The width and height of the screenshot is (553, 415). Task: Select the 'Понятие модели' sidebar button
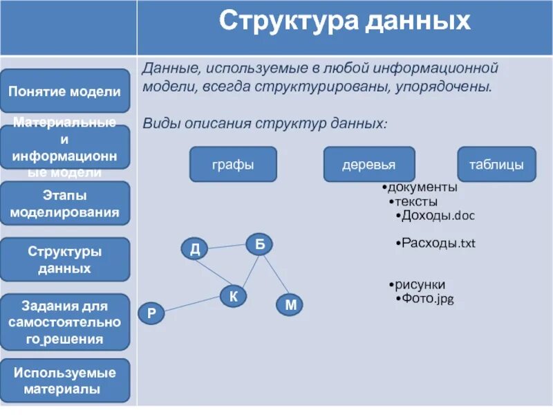[64, 91]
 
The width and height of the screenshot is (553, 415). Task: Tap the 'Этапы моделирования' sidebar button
[64, 203]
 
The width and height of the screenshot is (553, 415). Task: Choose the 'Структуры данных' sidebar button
[64, 259]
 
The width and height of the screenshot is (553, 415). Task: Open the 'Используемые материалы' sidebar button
[64, 380]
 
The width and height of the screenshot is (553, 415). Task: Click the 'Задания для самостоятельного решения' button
[64, 322]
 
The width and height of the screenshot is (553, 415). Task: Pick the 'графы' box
[233, 165]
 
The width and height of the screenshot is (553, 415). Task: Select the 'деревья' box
[369, 165]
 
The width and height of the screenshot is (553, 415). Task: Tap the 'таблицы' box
[496, 165]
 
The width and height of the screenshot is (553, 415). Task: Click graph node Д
[195, 249]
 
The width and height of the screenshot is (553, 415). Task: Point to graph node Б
[259, 243]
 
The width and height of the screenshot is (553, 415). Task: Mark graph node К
[234, 297]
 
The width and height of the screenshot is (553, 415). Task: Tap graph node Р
[151, 313]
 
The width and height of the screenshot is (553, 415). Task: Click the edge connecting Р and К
[192, 305]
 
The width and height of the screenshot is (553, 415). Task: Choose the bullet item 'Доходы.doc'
[438, 216]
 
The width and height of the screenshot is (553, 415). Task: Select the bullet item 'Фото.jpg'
[427, 299]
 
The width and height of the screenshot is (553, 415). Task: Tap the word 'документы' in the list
[422, 187]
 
